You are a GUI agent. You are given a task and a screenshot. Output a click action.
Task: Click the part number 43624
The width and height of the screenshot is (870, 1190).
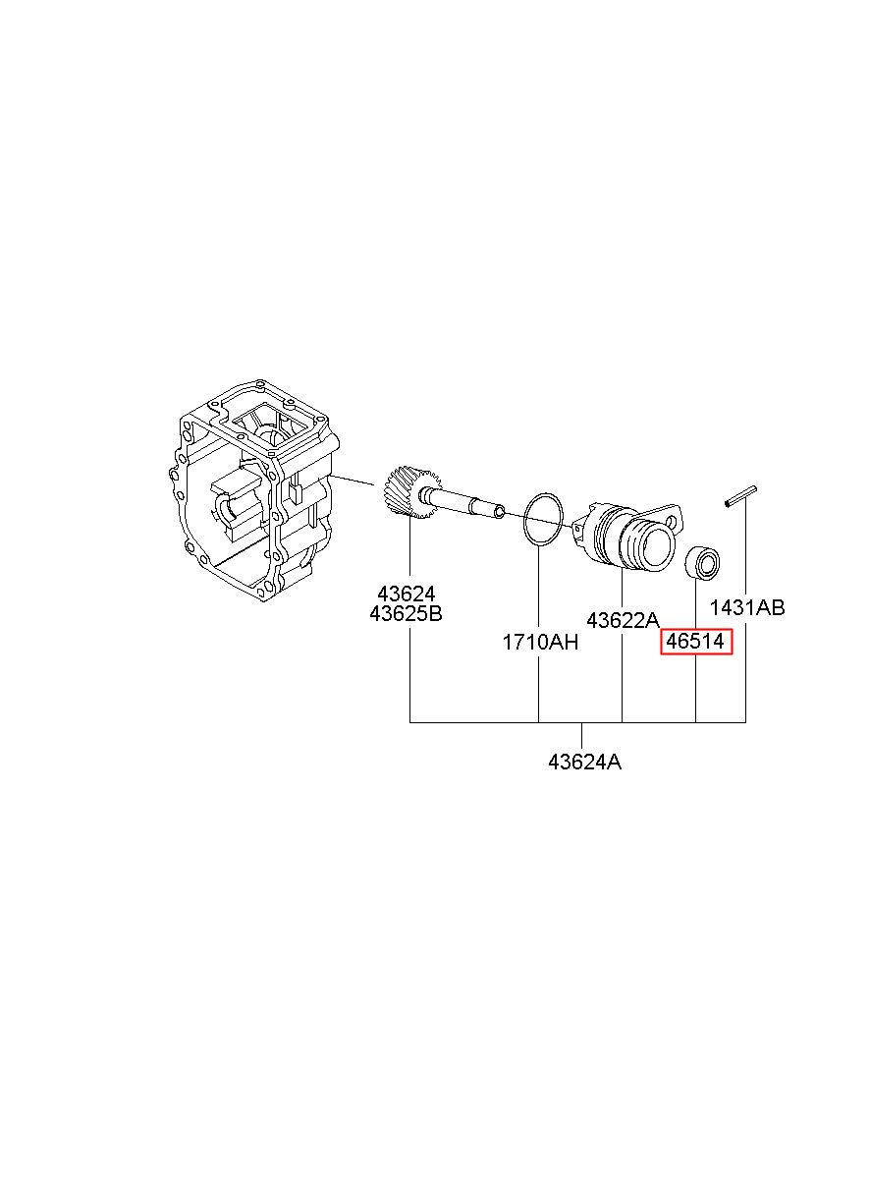tap(407, 593)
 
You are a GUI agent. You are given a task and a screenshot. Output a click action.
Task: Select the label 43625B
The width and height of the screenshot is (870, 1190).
tap(407, 613)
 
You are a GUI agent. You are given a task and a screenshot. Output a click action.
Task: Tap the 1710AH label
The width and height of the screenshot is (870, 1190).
tap(540, 643)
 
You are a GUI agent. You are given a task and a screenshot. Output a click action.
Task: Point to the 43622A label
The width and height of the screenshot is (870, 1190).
tap(623, 620)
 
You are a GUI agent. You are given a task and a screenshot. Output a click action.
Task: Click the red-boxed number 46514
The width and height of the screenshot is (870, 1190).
tap(695, 642)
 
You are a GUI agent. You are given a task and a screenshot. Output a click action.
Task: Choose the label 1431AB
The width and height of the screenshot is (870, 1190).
tap(747, 607)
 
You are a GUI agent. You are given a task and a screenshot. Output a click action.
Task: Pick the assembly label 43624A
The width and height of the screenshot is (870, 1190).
tap(584, 763)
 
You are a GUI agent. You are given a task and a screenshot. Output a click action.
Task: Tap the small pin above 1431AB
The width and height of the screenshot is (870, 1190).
tap(740, 496)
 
